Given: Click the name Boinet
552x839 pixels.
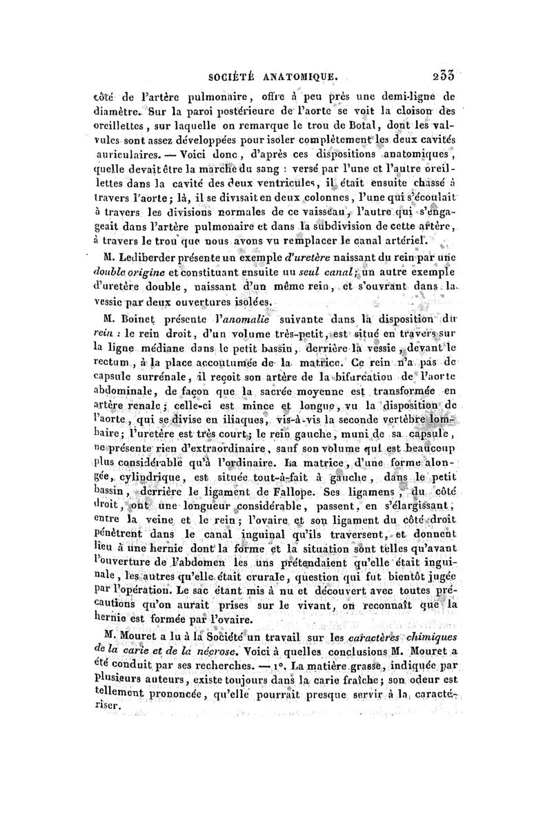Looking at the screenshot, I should [122, 320].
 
